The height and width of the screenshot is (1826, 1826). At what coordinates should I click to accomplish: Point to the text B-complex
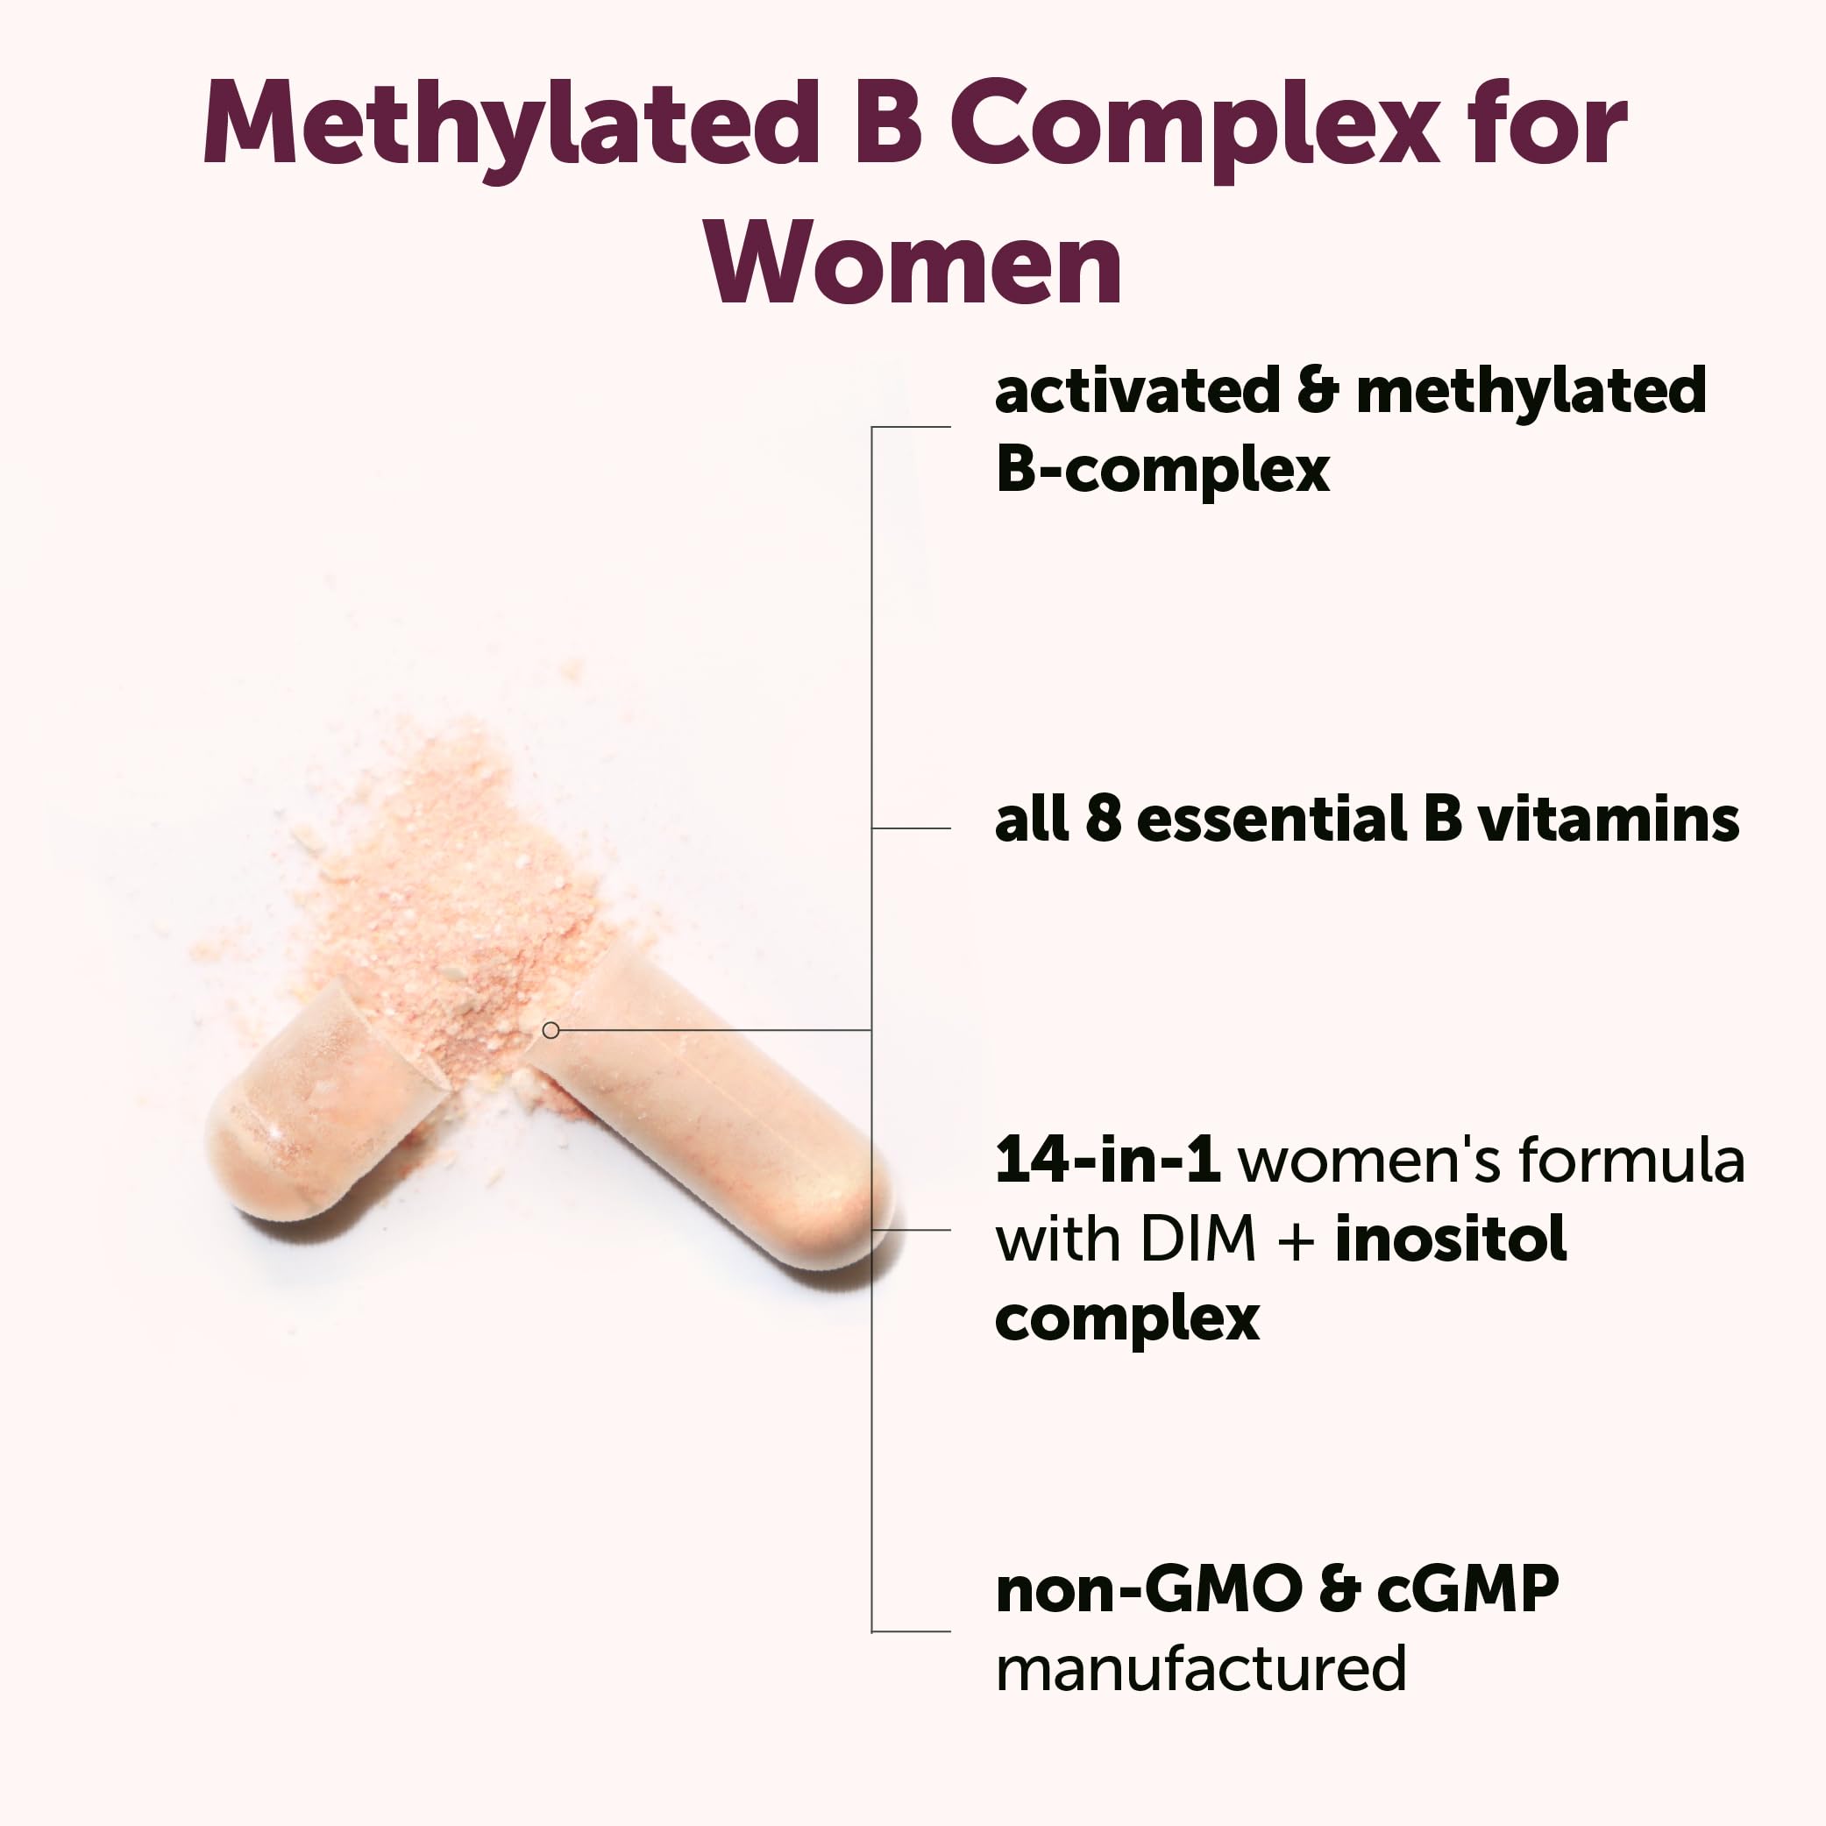coord(1162,470)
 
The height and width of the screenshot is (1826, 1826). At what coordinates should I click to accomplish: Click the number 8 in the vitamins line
coord(1103,819)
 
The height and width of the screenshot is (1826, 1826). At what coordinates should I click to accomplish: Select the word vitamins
coord(1608,819)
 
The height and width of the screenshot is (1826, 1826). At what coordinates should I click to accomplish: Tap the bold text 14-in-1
coord(1107,1161)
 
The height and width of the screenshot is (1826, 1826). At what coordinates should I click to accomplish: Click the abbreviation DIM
coord(1197,1239)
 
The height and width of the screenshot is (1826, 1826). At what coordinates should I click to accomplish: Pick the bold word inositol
coord(1451,1239)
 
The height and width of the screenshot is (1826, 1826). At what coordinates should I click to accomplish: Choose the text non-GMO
coord(1149,1589)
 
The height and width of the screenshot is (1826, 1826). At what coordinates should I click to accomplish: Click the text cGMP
coord(1467,1589)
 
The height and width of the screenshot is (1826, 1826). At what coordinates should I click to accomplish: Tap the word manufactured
coord(1201,1669)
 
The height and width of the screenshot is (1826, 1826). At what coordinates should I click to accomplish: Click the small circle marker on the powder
coord(551,1030)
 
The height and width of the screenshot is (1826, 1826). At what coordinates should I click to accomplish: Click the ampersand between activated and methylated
coord(1318,390)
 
